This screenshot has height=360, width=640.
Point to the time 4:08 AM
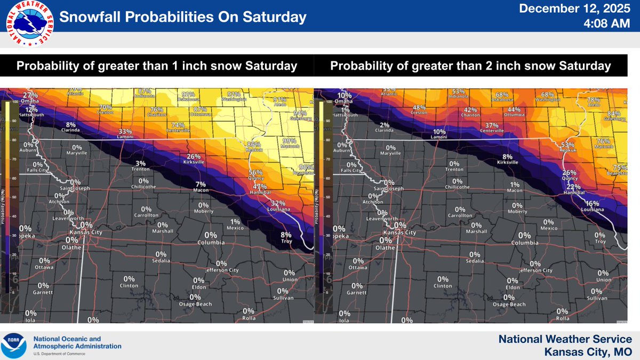[608, 25]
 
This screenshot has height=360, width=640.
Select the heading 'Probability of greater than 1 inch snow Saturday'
[157, 66]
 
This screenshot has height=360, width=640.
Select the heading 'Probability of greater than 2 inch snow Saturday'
[470, 66]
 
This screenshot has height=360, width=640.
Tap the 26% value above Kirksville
[194, 157]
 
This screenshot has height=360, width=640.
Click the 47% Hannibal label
[260, 187]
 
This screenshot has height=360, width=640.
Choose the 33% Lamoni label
[125, 132]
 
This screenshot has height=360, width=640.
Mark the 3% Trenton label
[140, 163]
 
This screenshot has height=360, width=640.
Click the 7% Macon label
[201, 185]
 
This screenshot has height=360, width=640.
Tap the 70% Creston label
[106, 108]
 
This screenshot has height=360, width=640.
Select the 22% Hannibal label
[573, 187]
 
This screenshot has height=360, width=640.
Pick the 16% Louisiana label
[592, 204]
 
